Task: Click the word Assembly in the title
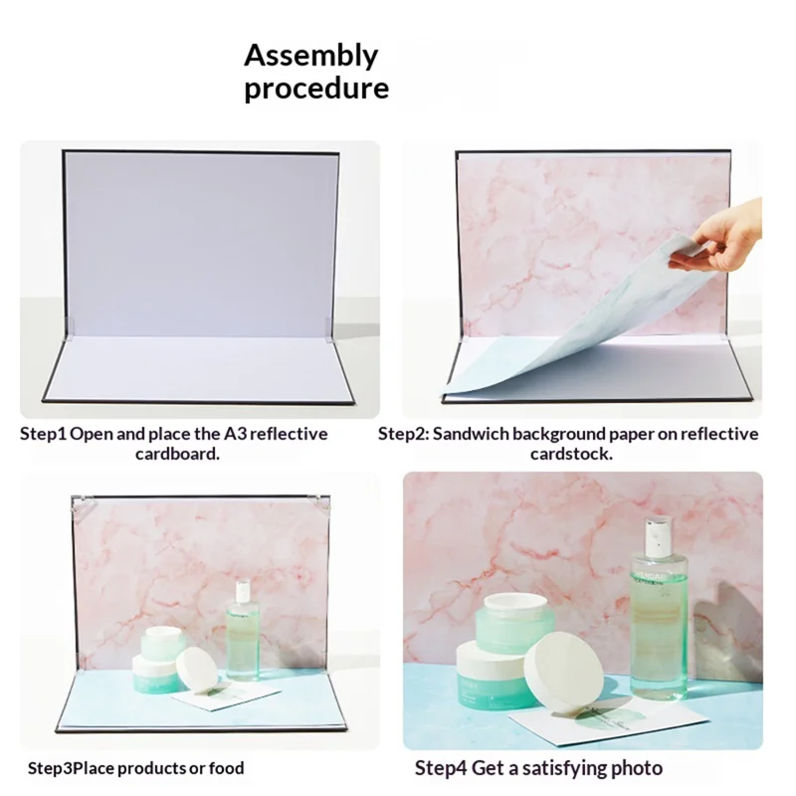click(311, 57)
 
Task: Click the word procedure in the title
click(316, 89)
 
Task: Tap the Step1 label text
click(43, 435)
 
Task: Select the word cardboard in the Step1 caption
click(176, 454)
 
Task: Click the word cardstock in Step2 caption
click(570, 454)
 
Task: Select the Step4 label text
click(440, 768)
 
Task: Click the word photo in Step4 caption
click(637, 768)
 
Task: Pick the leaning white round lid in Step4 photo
click(563, 682)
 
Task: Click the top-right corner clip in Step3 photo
click(320, 502)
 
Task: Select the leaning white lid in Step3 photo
click(197, 669)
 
